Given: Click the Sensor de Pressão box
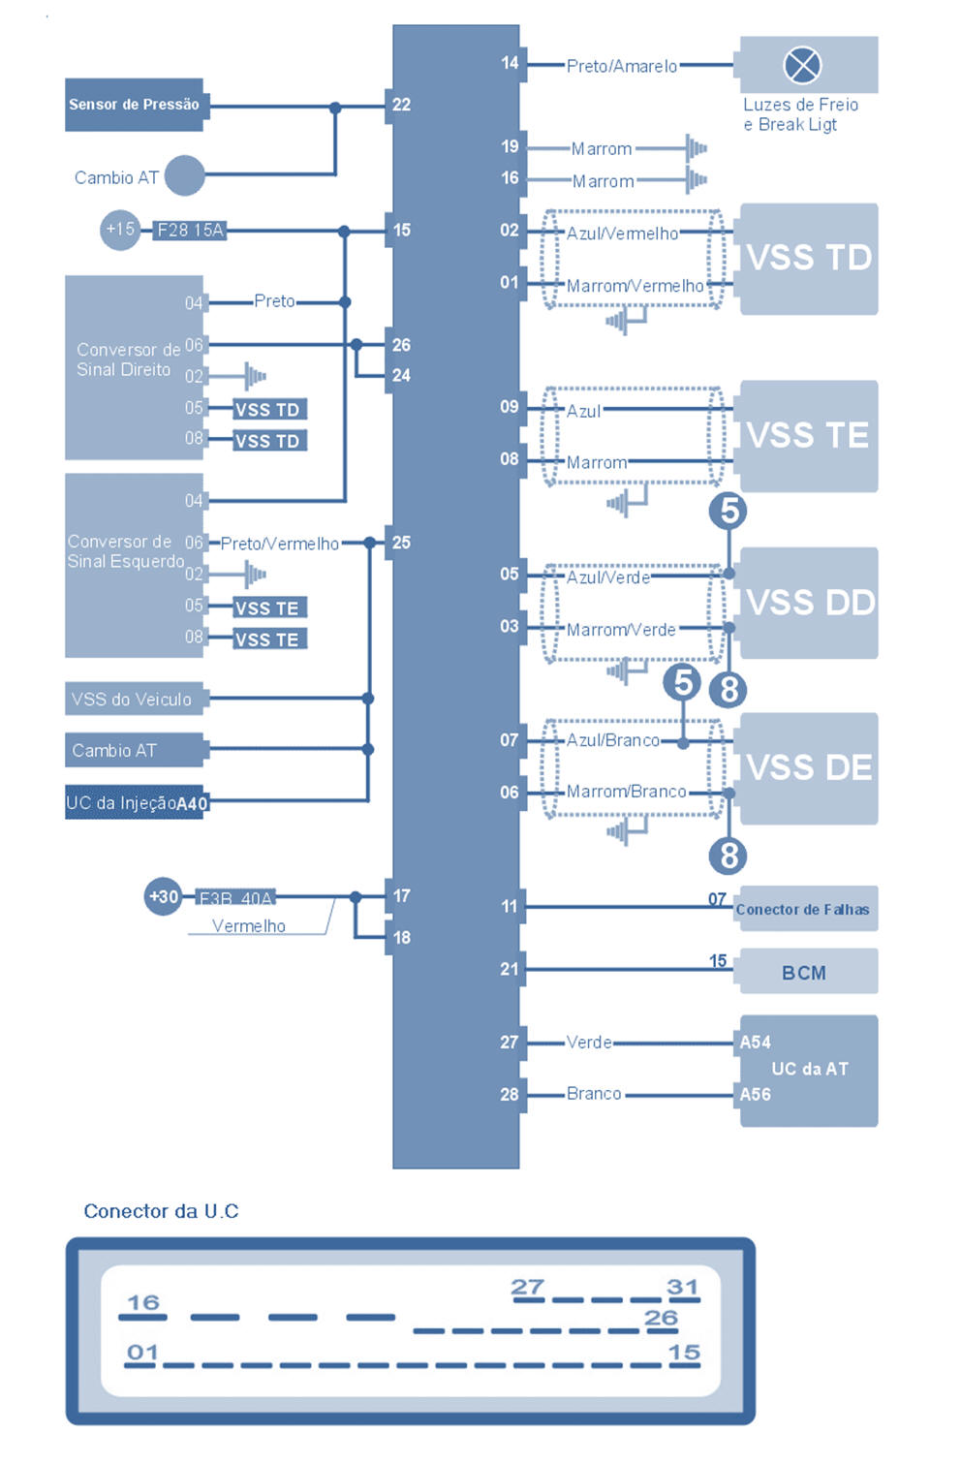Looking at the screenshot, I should pyautogui.click(x=134, y=105).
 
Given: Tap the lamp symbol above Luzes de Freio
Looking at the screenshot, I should pyautogui.click(x=801, y=65).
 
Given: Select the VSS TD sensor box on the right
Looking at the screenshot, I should pyautogui.click(x=809, y=259).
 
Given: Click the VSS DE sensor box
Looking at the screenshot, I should pyautogui.click(x=809, y=768).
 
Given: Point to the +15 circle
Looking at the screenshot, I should pyautogui.click(x=120, y=230).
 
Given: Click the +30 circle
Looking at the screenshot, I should pyautogui.click(x=163, y=896).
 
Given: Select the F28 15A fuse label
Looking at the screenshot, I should pyautogui.click(x=190, y=230).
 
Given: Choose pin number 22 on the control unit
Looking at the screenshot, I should pyautogui.click(x=401, y=105).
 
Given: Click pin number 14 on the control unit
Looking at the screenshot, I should pyautogui.click(x=510, y=63).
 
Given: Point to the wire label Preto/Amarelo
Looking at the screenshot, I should pyautogui.click(x=622, y=66).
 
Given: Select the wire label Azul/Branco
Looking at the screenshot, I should pyautogui.click(x=612, y=740).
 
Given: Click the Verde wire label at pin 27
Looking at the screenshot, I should pyautogui.click(x=589, y=1043).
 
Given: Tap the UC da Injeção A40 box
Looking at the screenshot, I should pyautogui.click(x=135, y=802).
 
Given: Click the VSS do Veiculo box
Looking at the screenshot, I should pyautogui.click(x=133, y=699).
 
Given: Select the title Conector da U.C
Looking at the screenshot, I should pyautogui.click(x=161, y=1211).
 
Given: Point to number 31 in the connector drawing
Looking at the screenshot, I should pyautogui.click(x=682, y=1287).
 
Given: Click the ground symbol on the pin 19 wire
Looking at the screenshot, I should pyautogui.click(x=696, y=148).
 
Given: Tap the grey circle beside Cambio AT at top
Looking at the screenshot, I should pyautogui.click(x=184, y=175).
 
